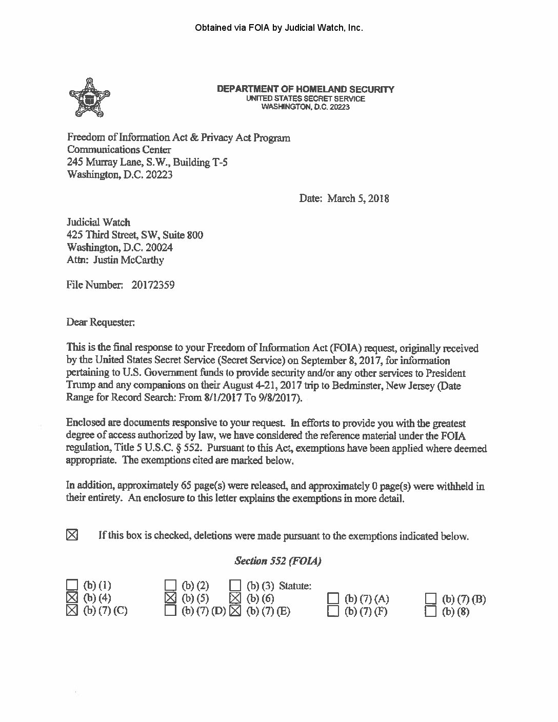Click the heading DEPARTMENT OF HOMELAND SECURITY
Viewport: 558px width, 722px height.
(x=306, y=89)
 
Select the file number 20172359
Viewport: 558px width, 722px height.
(x=153, y=284)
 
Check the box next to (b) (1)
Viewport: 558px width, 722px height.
(x=72, y=585)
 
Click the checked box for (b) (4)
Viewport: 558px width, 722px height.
(x=72, y=597)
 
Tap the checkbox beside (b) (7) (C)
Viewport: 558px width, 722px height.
(x=72, y=610)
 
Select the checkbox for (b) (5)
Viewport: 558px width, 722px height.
(x=171, y=597)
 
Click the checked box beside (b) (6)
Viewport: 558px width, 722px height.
(x=235, y=597)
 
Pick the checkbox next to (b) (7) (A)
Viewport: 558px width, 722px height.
(x=333, y=598)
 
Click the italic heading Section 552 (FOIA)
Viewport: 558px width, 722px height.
(x=277, y=560)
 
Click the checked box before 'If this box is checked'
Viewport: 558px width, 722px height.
(x=72, y=535)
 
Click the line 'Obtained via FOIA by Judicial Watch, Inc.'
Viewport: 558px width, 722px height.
(x=279, y=28)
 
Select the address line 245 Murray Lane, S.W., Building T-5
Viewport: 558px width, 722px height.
(x=147, y=162)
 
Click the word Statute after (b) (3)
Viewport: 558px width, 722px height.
(x=295, y=585)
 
